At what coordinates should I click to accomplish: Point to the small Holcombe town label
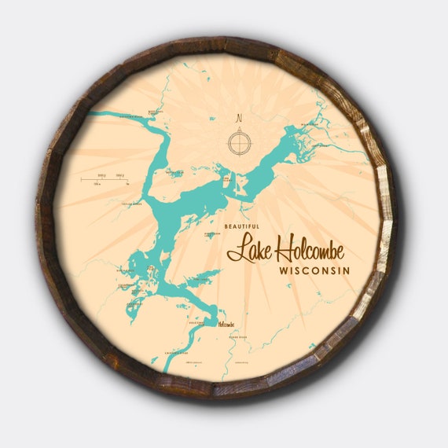(226, 323)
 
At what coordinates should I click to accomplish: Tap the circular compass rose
(239, 143)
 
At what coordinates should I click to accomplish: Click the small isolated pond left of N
(211, 119)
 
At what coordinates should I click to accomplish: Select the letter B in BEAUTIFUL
(226, 226)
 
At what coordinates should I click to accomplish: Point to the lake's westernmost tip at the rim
(88, 113)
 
